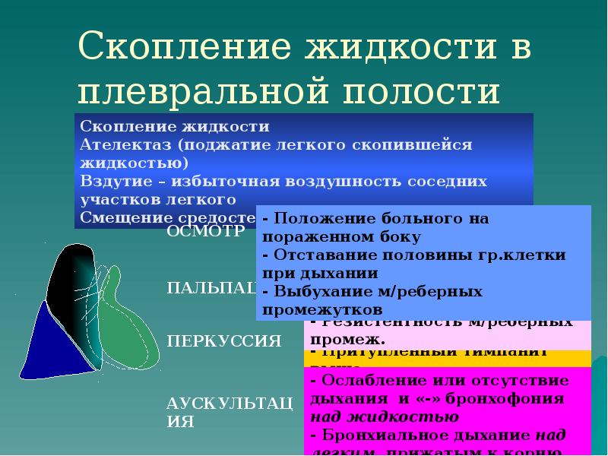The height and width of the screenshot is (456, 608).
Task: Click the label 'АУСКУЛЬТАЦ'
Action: coord(229,402)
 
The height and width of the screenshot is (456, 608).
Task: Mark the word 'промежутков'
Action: coord(322,310)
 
